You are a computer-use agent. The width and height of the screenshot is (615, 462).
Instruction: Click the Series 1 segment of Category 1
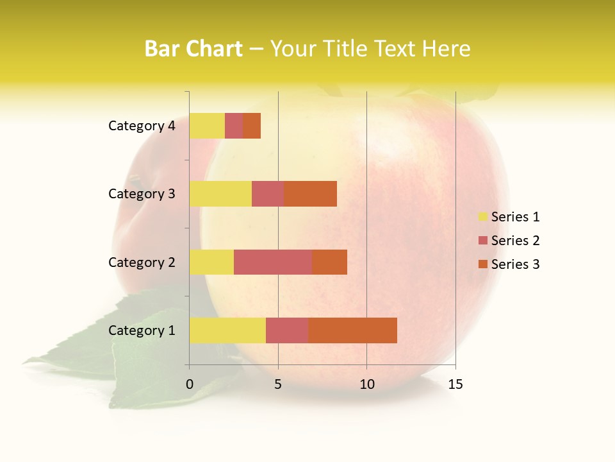(227, 330)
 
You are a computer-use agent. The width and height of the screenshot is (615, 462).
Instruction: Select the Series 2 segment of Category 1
(287, 330)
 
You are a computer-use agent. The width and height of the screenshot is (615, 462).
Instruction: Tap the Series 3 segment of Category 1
(352, 330)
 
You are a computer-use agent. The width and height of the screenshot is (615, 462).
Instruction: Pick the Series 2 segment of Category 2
(273, 262)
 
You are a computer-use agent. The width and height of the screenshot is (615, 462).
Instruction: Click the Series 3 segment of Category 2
(329, 262)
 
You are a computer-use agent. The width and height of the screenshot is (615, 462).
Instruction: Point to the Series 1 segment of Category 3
(220, 194)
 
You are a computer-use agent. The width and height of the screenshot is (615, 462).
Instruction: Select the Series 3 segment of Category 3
(310, 194)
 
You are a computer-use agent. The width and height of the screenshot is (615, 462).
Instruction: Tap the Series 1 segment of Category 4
(207, 126)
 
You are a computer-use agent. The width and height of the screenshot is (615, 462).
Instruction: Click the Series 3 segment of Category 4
(252, 126)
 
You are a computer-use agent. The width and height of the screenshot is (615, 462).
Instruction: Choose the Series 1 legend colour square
(482, 217)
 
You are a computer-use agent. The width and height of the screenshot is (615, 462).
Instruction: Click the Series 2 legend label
(515, 241)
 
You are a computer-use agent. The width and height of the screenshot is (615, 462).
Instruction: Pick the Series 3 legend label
(515, 264)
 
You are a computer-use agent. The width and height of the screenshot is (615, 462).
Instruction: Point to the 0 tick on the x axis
(190, 384)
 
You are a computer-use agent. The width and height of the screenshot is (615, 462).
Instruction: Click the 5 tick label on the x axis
(278, 384)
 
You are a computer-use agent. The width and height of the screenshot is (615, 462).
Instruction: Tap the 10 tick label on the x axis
(366, 384)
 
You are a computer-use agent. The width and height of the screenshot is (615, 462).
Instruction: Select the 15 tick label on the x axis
(455, 384)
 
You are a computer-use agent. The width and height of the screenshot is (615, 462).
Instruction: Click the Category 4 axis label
(142, 126)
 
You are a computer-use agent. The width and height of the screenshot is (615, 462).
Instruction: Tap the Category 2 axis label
(142, 262)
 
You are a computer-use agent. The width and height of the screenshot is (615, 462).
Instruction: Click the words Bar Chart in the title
(193, 49)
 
